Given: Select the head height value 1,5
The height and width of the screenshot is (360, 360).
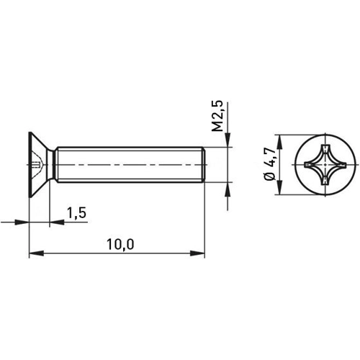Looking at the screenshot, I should click(76, 212).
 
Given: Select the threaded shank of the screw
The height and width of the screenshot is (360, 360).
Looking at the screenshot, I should click(130, 166).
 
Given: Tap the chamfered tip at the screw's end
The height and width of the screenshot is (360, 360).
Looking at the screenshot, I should click(205, 166).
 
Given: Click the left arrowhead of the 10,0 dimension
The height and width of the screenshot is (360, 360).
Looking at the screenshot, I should click(33, 253).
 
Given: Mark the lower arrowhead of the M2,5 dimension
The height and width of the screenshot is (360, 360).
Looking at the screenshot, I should click(228, 188).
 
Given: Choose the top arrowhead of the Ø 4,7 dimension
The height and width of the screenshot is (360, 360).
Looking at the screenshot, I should click(278, 138).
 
